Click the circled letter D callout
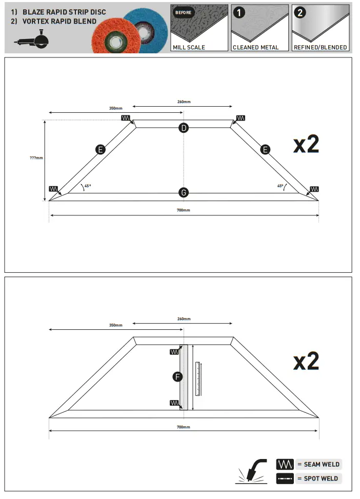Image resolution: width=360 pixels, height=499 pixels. coord(184,128)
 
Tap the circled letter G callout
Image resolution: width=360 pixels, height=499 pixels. coord(184,193)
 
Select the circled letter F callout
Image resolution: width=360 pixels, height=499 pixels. coord(177,377)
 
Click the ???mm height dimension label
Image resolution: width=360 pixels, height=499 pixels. coord(36,158)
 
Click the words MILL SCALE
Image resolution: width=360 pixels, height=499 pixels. coord(189,47)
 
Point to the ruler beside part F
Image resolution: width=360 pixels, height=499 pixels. coord(197,378)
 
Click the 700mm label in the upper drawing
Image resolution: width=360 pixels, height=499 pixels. coord(183,210)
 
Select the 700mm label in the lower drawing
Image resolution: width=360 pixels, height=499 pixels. coord(183,427)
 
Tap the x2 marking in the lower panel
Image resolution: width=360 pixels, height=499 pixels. coord(306,361)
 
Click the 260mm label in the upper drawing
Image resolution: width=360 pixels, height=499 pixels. coord(184,102)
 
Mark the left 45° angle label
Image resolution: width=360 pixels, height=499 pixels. coord(88,186)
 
